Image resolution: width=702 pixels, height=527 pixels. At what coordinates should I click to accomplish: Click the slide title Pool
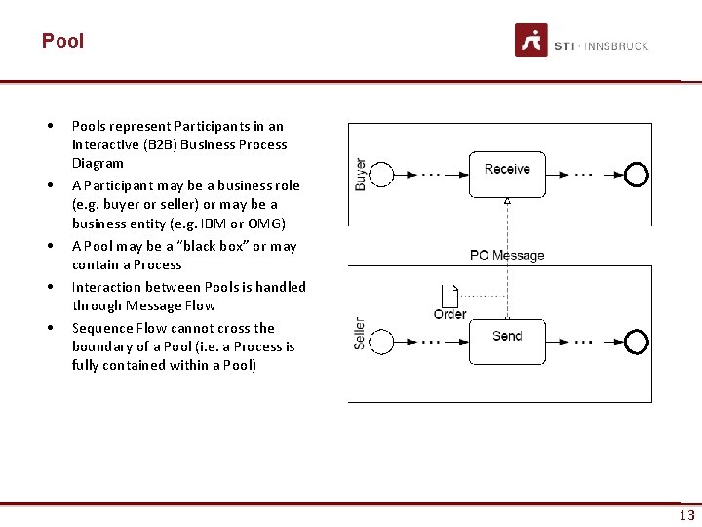coord(62,41)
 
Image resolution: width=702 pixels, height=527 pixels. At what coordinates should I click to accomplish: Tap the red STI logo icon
coord(531,40)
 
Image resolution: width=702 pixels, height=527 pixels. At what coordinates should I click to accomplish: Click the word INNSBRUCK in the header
coord(617,46)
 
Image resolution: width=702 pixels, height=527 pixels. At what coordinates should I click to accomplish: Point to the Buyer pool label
coord(361,174)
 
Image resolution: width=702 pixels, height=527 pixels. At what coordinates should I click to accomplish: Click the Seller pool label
coord(360,334)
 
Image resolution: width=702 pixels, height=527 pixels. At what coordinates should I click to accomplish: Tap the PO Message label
coord(507,255)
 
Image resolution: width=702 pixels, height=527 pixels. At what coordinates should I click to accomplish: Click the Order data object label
coord(449,314)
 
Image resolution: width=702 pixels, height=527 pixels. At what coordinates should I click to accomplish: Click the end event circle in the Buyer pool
coord(637,175)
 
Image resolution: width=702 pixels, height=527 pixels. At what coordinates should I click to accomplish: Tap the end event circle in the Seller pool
coord(637,342)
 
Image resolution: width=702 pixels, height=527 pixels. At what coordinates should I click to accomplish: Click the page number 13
coord(687,515)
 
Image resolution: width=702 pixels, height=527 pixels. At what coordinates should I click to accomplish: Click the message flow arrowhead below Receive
coord(507,201)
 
